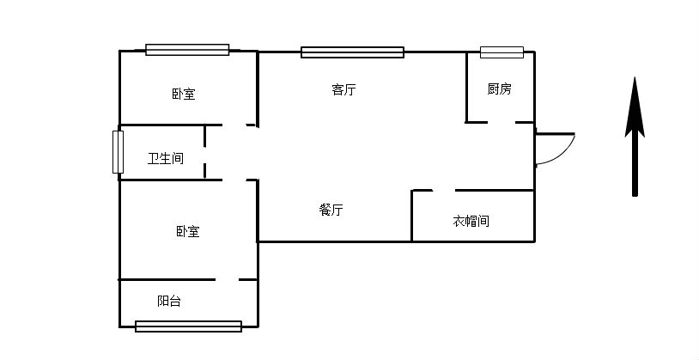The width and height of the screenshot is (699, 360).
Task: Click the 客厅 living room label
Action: coord(343,89)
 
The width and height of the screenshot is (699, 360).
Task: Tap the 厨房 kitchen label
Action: coord(499,88)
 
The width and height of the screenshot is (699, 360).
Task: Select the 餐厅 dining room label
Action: coord(331,210)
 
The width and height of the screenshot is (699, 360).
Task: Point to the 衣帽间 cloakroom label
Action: coord(471,221)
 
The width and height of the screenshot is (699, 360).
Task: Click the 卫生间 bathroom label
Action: coord(166,158)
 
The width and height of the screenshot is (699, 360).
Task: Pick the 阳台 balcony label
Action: coord(169,301)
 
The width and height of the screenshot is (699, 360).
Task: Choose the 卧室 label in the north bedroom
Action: coord(183,94)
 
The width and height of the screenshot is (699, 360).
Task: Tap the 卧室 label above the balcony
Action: coord(188,231)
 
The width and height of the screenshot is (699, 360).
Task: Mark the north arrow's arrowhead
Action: coord(635,107)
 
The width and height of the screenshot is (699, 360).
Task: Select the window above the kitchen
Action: coord(501,52)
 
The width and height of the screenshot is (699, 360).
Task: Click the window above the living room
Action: coord(352,52)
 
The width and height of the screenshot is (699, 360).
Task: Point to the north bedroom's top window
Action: coord(187,50)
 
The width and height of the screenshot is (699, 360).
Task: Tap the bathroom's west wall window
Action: coord(118,152)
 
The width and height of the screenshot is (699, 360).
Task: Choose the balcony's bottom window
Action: coord(188,326)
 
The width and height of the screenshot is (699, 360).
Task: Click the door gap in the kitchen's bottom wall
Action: coord(501,122)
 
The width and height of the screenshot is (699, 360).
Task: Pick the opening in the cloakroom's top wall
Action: coord(443,190)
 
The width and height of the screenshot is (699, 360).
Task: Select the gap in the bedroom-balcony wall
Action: coord(227,279)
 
